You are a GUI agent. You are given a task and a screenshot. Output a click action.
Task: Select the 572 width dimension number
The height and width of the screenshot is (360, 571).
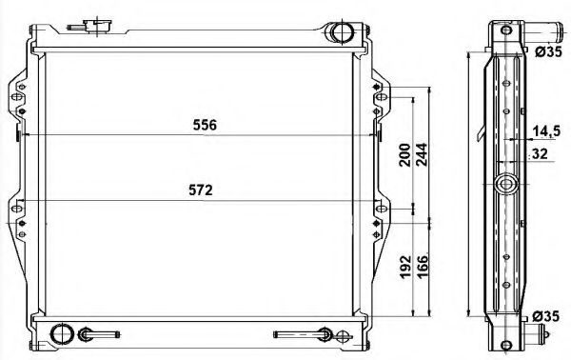point(199,190)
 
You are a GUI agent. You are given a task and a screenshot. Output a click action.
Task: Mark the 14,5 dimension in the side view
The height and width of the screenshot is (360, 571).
point(545,130)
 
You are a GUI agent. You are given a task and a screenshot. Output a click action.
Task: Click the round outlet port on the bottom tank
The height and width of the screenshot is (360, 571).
point(62,334)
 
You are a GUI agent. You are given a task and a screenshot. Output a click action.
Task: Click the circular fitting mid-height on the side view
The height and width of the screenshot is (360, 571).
point(506,184)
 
